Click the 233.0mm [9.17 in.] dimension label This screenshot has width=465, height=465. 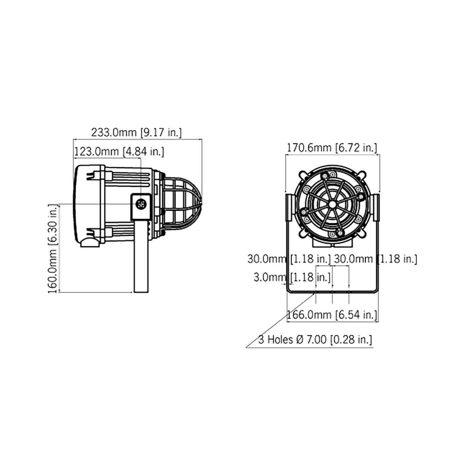click(136, 133)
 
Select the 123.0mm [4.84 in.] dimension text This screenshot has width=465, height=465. click(119, 152)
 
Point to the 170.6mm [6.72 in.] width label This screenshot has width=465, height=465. click(331, 147)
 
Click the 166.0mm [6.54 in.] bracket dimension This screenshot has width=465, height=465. click(331, 315)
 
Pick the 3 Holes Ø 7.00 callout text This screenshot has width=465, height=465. click(315, 340)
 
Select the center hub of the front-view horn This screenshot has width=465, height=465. click(332, 204)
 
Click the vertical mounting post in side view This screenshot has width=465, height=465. click(141, 256)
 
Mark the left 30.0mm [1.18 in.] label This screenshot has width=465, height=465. click(289, 259)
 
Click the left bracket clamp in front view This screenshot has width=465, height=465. click(289, 206)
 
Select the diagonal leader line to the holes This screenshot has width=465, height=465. click(281, 319)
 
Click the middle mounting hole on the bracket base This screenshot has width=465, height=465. click(332, 291)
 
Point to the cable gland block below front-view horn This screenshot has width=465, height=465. click(332, 244)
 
